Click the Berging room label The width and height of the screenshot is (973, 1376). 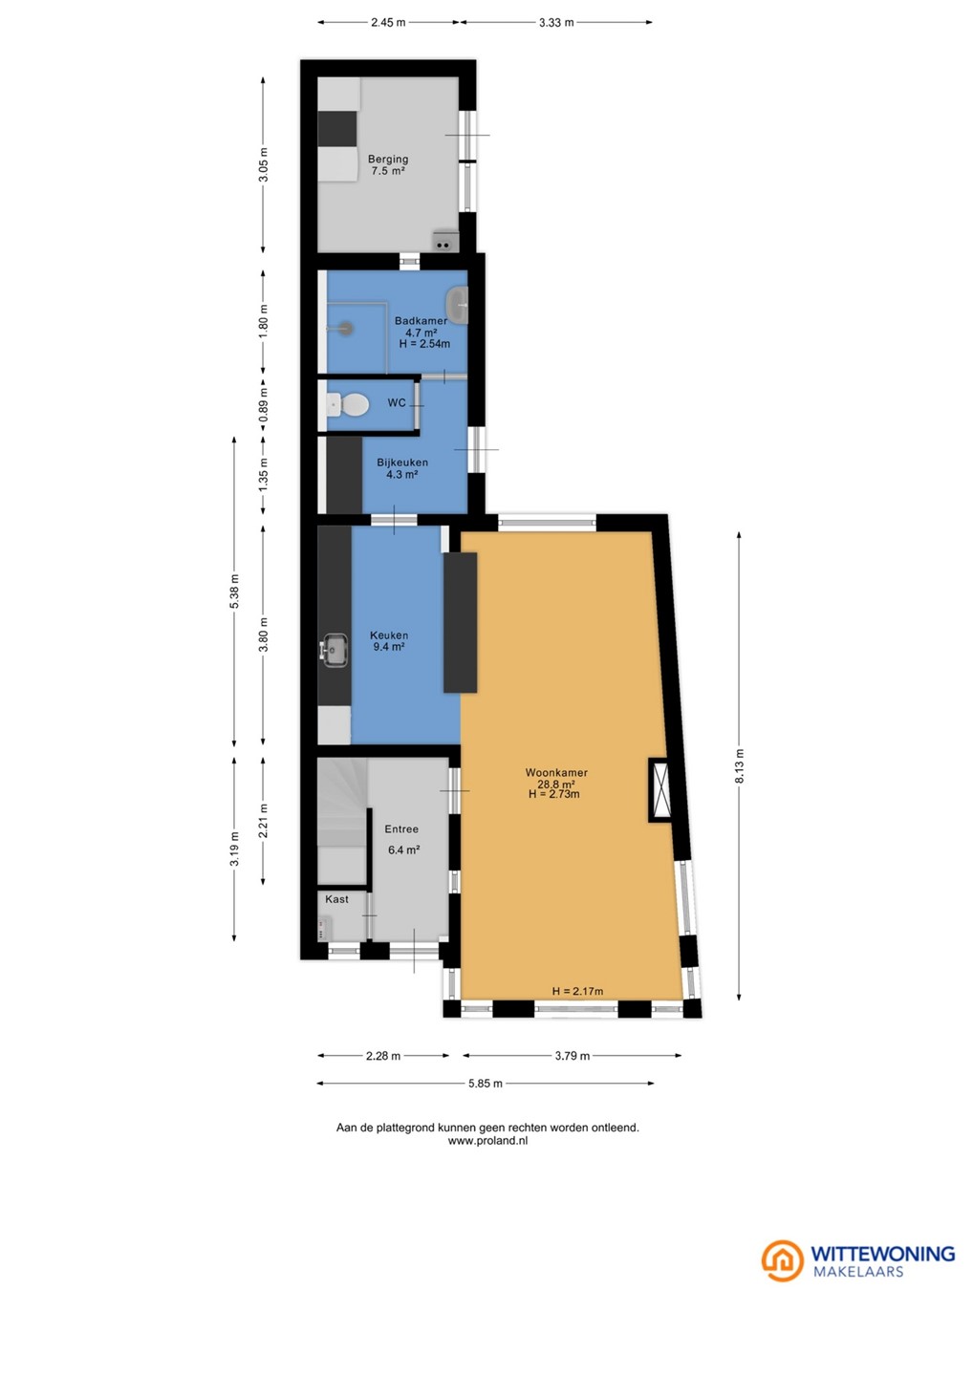388,159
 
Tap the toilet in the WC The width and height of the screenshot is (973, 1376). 348,404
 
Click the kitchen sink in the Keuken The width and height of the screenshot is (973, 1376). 334,650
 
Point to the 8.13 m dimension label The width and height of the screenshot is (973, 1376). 739,766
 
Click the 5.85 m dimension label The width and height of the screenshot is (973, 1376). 486,1083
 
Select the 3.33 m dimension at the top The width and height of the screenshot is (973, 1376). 556,23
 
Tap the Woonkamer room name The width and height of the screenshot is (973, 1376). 556,772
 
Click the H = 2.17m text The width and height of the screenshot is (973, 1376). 576,991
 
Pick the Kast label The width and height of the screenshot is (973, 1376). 336,898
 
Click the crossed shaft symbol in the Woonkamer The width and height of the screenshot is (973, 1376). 661,789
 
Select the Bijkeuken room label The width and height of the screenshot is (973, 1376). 402,462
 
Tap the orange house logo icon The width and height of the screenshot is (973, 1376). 782,1260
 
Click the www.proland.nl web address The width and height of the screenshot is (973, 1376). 487,1141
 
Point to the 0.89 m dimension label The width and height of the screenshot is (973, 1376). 264,404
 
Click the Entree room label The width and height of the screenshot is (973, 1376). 401,828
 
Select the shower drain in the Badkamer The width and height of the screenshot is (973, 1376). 346,328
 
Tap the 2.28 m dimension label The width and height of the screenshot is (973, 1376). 382,1056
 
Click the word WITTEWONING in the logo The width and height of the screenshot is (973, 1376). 883,1253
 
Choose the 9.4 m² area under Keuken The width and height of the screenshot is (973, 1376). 388,647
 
